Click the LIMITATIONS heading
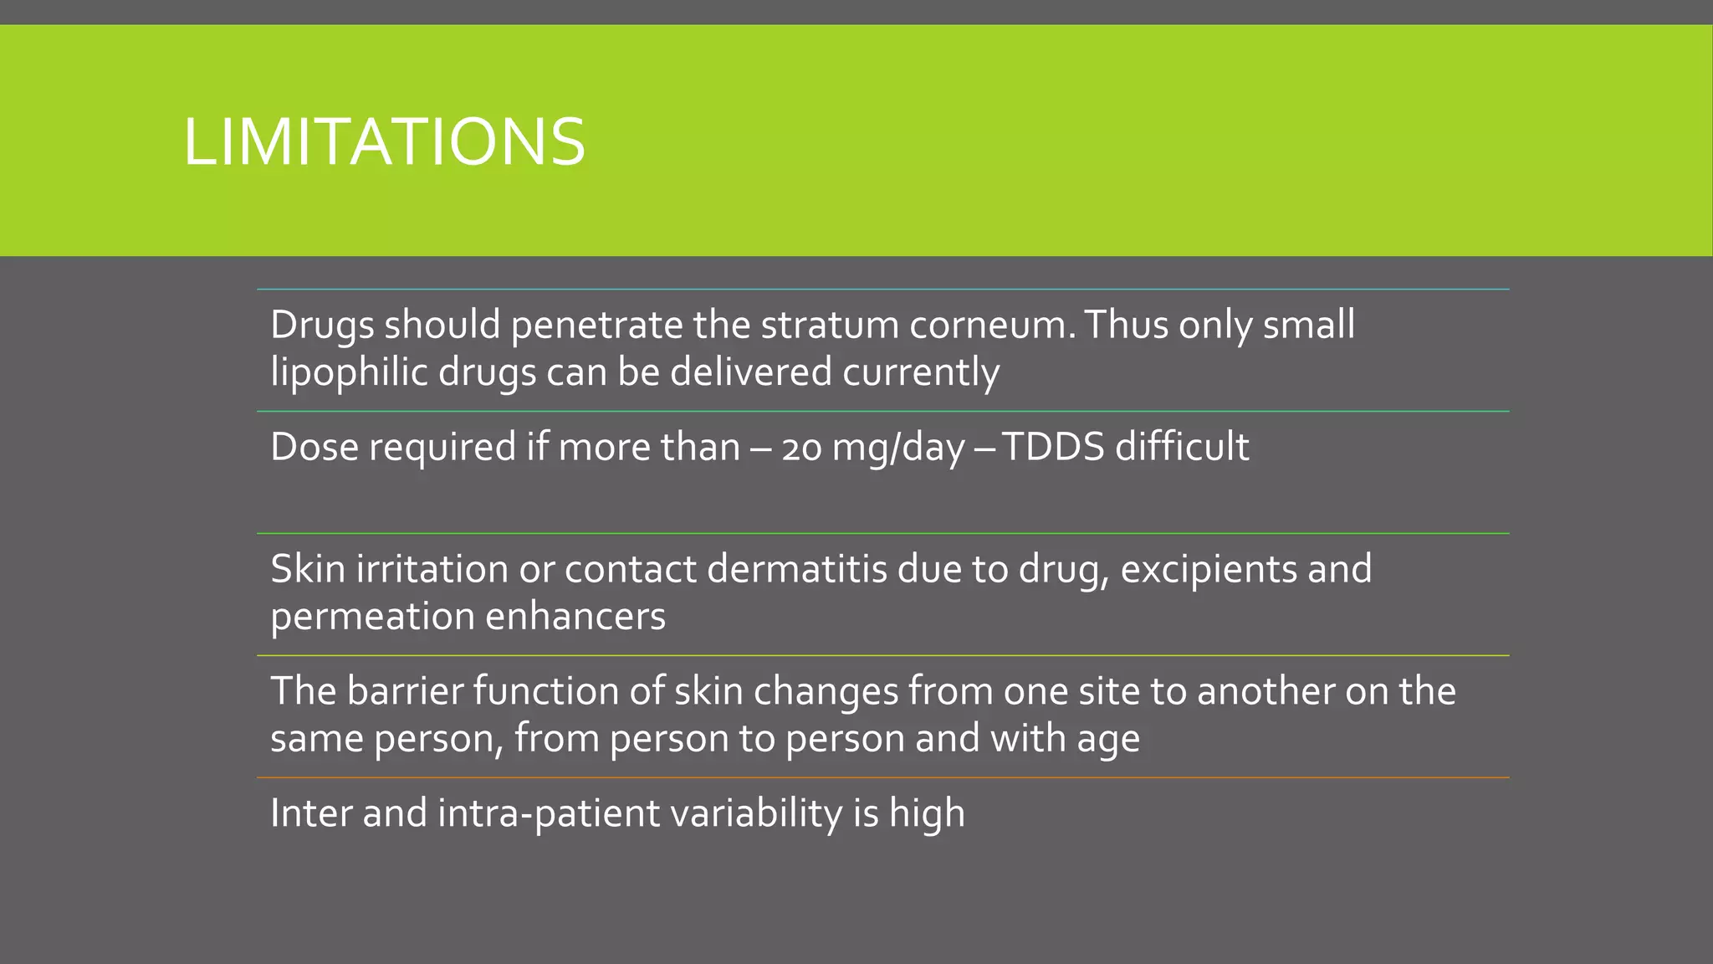pyautogui.click(x=384, y=141)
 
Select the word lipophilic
pyautogui.click(x=350, y=372)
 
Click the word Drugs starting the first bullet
pyautogui.click(x=322, y=325)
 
